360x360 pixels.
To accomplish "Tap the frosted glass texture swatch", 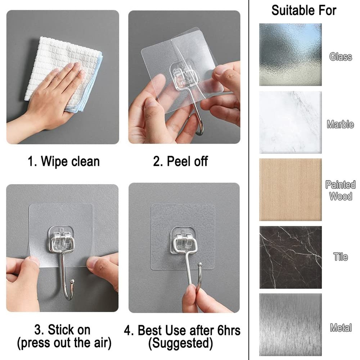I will tap(290, 55).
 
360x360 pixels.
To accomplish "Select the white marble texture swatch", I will tap(290, 122).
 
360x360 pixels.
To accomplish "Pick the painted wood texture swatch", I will tap(290, 189).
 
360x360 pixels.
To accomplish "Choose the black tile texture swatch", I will tap(290, 257).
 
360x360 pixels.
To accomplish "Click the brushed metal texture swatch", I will tap(290, 324).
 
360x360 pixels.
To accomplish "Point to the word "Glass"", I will tap(340, 57).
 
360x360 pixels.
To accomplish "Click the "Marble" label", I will tap(340, 125).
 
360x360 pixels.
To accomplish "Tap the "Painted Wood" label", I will tap(340, 190).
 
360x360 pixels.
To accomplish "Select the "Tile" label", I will tap(340, 257).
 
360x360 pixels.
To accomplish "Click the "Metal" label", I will tap(340, 328).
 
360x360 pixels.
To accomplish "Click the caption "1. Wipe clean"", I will tap(64, 161).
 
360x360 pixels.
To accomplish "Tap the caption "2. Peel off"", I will tap(180, 161).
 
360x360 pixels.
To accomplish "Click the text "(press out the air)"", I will tap(64, 343).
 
